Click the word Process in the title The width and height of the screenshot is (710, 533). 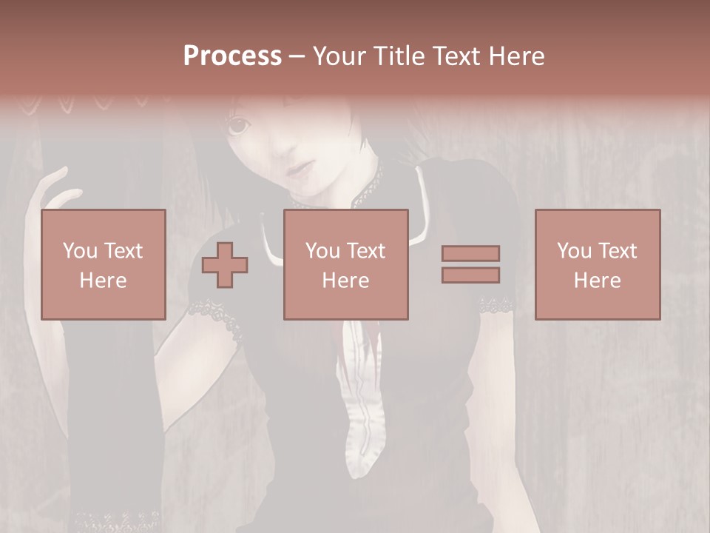tap(232, 56)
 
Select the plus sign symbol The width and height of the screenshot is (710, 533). tap(225, 264)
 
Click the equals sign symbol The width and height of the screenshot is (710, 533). tap(470, 264)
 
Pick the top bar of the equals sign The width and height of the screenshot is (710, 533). tap(470, 253)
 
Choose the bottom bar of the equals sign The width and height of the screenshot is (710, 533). tap(470, 275)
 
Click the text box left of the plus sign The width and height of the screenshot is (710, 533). tap(103, 264)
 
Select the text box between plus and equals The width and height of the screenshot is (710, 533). tap(345, 264)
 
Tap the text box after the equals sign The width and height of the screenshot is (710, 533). tap(597, 264)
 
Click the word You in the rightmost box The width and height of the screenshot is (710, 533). tap(574, 251)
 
